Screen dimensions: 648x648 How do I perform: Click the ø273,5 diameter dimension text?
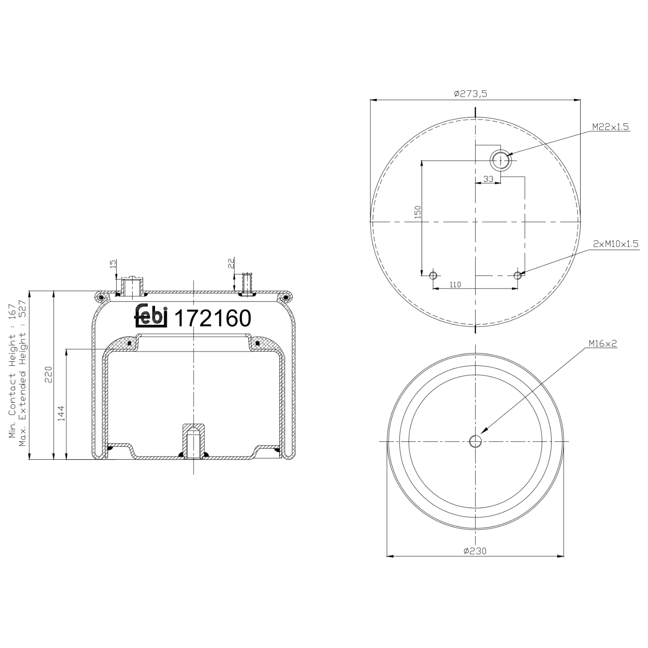[x=470, y=93]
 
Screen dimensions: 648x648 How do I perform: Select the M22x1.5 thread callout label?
[x=610, y=127]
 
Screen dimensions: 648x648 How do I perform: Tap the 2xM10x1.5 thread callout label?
[x=615, y=244]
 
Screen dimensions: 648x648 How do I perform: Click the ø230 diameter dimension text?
[x=475, y=551]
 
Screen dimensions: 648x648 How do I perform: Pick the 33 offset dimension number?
[x=488, y=179]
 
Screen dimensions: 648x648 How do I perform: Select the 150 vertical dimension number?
[x=418, y=212]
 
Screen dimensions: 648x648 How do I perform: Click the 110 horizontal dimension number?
[x=455, y=285]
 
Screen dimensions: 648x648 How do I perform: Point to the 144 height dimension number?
[x=61, y=413]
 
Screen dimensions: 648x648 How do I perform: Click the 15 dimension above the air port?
[x=113, y=264]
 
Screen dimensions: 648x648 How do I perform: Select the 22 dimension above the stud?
[x=231, y=263]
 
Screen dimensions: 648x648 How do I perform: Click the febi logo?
[x=151, y=316]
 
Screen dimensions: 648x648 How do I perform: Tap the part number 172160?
[x=212, y=319]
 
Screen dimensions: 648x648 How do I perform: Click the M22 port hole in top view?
[x=501, y=160]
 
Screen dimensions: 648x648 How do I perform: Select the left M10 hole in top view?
[x=433, y=275]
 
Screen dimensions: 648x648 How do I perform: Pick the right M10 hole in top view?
[x=518, y=275]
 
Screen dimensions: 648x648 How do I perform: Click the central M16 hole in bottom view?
[x=475, y=441]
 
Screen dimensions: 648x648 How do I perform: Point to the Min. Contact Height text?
[x=12, y=371]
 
